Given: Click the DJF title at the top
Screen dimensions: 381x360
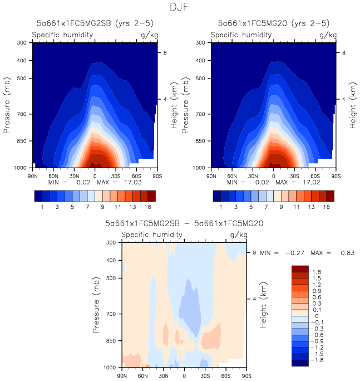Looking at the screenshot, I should [180, 7].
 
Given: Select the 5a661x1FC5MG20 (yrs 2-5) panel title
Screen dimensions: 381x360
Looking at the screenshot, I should [273, 23].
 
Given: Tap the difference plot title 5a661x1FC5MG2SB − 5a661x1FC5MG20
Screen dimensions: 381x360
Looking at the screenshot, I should [184, 223].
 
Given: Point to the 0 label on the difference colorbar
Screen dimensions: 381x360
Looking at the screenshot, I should [318, 316].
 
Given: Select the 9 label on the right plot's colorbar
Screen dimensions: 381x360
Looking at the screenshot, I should [274, 207].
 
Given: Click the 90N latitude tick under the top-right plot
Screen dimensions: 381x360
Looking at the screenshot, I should [211, 175].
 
